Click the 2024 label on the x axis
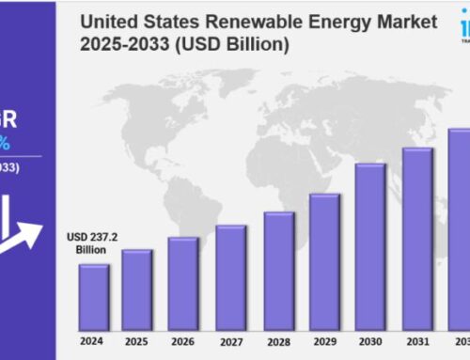click(93, 340)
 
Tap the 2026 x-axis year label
click(183, 340)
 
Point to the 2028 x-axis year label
click(278, 340)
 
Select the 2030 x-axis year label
click(370, 340)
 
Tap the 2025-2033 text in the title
click(119, 44)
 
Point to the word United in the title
click(107, 22)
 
